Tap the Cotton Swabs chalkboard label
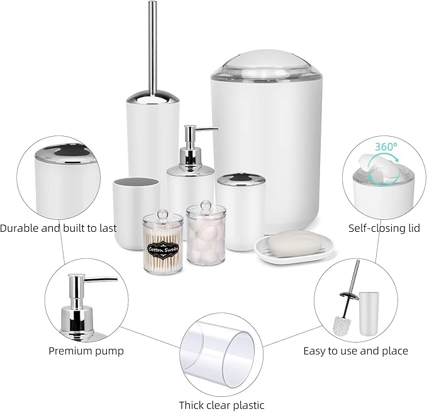point(163,249)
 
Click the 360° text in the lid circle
point(386,146)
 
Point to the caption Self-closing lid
point(384,228)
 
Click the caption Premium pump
point(86,350)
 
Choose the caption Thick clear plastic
point(221,405)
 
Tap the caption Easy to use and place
point(355,351)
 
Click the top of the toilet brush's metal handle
point(152,6)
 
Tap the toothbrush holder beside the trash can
point(235,210)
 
